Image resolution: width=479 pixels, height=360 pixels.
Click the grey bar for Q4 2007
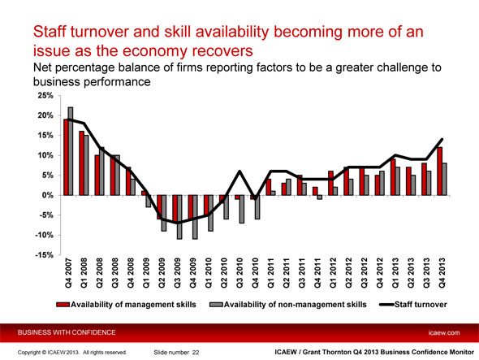[x=71, y=151]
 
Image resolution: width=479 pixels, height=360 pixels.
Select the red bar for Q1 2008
[x=81, y=163]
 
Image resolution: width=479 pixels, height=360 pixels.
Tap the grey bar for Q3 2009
[x=179, y=217]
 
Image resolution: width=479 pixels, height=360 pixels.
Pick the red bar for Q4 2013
[x=439, y=171]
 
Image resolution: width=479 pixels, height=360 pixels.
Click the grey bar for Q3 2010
[x=242, y=209]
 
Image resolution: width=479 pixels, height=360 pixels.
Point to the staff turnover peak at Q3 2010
[x=239, y=171]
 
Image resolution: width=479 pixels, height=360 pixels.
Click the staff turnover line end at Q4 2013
[x=442, y=140]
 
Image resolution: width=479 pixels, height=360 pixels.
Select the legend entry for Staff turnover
[x=413, y=305]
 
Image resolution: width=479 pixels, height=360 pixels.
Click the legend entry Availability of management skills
[x=126, y=305]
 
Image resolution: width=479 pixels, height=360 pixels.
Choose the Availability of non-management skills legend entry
[x=288, y=305]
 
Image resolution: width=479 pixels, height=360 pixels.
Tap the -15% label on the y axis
[x=45, y=255]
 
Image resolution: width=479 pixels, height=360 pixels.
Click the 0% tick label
[x=48, y=196]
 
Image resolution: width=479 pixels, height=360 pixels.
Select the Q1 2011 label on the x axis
[x=271, y=273]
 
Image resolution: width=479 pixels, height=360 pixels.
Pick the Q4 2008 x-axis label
[x=131, y=273]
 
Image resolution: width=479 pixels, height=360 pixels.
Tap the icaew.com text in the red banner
[x=444, y=333]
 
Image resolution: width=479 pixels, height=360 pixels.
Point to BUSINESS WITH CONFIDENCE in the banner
[x=67, y=332]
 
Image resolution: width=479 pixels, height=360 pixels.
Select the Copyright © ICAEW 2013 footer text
[x=49, y=353]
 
